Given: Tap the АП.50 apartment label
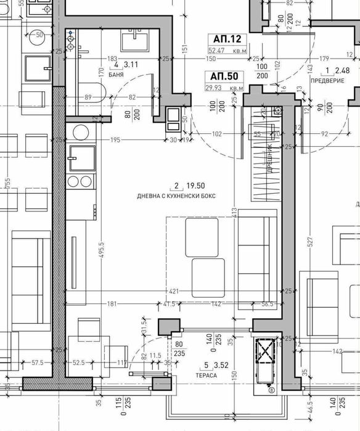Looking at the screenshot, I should (x=223, y=77).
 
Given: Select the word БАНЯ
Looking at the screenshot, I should (x=115, y=75).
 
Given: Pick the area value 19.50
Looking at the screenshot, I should (x=197, y=186).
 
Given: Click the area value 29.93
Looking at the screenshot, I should (x=218, y=88).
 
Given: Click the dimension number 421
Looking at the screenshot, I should (x=176, y=290).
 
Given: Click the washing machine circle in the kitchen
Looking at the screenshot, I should (x=80, y=132).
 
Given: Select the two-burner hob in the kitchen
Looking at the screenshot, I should (x=80, y=181).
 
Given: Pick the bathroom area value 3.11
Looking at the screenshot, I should (x=131, y=64).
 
